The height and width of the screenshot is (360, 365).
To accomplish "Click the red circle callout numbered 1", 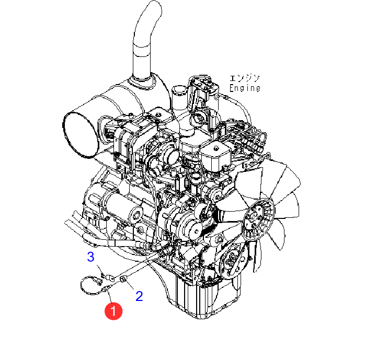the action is tap(113, 311).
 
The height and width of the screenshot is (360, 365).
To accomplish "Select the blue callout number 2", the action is tap(139, 296).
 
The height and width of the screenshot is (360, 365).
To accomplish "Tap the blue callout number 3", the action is tap(91, 257).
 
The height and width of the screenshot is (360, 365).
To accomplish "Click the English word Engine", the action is tap(245, 88).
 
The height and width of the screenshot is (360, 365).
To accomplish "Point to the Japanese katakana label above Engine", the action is tap(244, 78).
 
